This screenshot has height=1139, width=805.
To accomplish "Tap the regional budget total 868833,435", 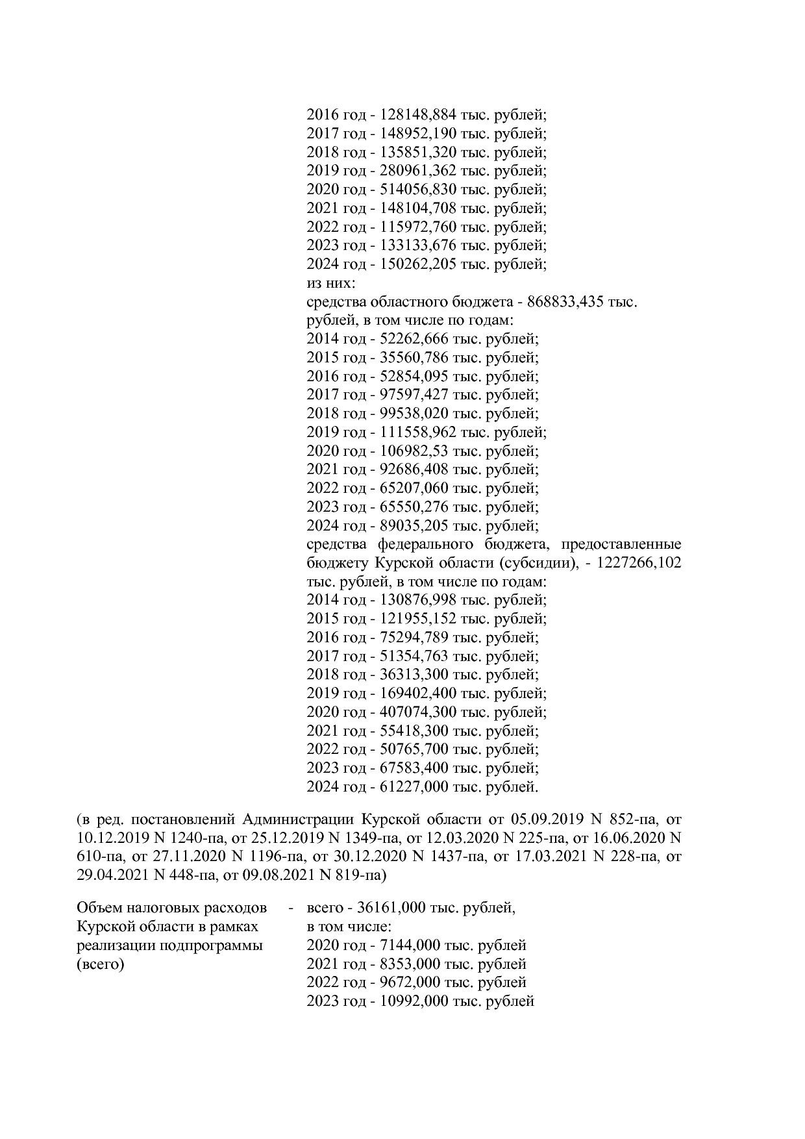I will pyautogui.click(x=565, y=303).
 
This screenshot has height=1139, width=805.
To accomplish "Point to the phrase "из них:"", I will pyautogui.click(x=330, y=284).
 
